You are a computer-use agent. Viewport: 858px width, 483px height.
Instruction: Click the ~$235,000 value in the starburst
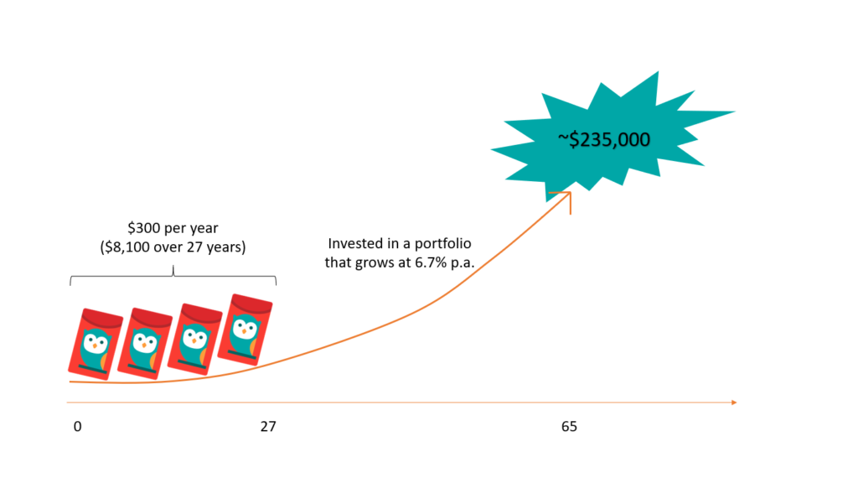click(604, 140)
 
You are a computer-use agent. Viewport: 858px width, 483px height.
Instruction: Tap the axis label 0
click(78, 427)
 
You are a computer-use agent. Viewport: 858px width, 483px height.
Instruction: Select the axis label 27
click(268, 427)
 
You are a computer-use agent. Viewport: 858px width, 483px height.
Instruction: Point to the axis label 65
click(569, 427)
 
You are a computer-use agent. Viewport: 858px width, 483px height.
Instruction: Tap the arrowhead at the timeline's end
click(734, 402)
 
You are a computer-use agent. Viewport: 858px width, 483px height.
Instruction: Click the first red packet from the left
click(96, 344)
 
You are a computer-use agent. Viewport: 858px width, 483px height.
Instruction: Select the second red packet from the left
click(145, 343)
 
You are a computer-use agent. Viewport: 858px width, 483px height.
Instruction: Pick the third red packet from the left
click(194, 339)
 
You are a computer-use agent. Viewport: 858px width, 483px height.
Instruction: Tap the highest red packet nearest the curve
click(246, 330)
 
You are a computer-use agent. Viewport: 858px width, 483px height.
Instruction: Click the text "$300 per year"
click(173, 228)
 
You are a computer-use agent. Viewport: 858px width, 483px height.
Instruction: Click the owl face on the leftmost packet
click(95, 344)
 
